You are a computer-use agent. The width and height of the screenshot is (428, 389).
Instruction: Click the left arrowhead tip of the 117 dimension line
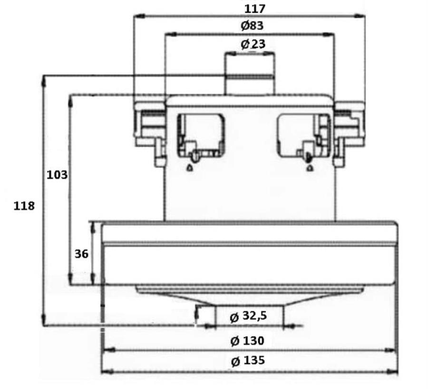coord(134,16)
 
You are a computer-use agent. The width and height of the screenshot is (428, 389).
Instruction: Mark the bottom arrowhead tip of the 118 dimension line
coord(43,325)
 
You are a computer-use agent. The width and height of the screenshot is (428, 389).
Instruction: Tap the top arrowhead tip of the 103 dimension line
coord(70,96)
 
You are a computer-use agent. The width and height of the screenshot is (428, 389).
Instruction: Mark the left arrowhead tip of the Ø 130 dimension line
coord(102,350)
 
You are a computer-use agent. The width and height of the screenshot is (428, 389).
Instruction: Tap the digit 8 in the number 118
coord(30,206)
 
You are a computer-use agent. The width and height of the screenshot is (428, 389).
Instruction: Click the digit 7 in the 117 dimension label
coord(261,9)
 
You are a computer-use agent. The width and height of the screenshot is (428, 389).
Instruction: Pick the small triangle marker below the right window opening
coord(309,168)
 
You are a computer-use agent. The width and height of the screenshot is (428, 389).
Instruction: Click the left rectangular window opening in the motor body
coord(201,136)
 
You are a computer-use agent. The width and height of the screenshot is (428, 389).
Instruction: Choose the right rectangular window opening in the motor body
coord(304,136)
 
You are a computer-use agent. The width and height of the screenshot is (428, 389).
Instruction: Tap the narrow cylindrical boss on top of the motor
coord(250,73)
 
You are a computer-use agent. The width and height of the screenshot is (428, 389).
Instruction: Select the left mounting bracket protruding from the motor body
coord(150,134)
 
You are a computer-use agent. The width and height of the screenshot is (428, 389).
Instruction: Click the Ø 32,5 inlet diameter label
coord(248,316)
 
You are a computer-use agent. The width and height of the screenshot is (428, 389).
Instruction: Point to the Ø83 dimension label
coord(252,25)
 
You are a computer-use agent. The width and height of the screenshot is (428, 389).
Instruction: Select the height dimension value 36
coord(81,254)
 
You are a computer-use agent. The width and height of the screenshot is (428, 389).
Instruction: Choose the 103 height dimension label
coord(57,175)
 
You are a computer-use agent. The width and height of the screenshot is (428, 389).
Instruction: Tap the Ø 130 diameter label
coord(247,341)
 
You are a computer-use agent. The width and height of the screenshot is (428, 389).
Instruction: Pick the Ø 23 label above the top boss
coord(253,44)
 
